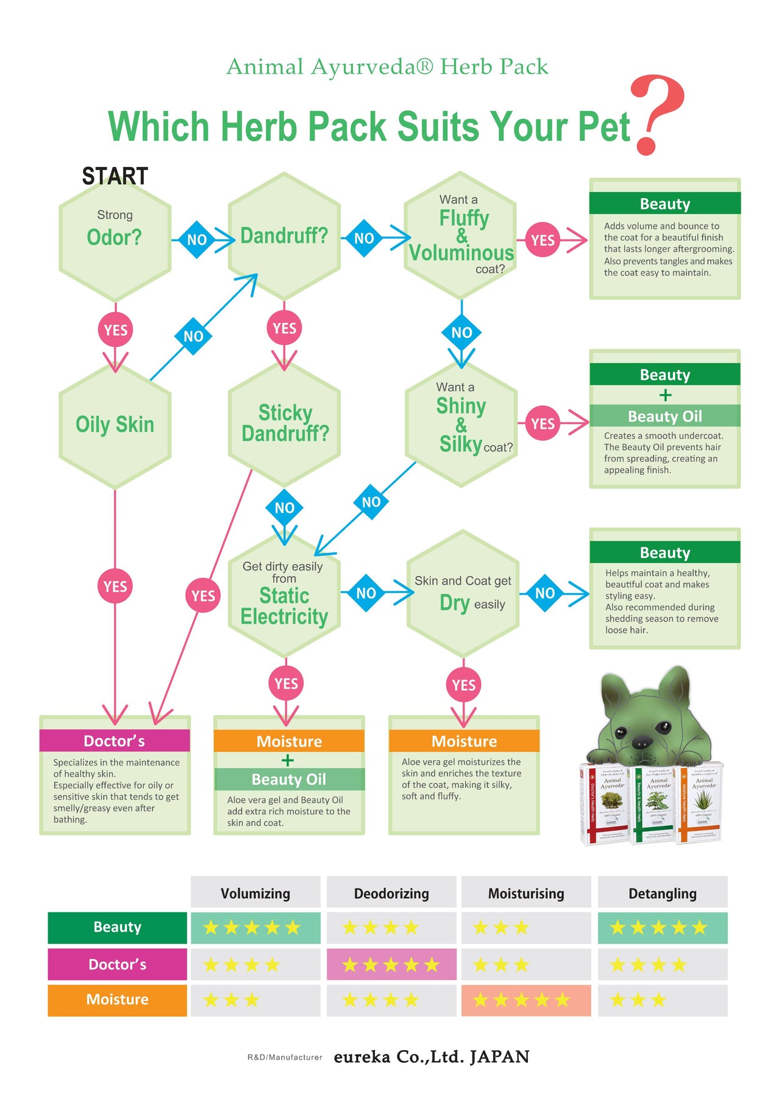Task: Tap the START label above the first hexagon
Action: click(115, 176)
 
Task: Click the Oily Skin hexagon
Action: click(115, 425)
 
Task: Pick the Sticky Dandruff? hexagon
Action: click(284, 424)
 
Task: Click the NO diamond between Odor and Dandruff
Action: click(197, 240)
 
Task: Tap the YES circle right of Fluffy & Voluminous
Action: click(543, 240)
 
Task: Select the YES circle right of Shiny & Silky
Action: click(543, 424)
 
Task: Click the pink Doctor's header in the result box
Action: click(115, 740)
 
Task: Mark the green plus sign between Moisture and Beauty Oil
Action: click(288, 760)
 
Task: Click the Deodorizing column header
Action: click(391, 893)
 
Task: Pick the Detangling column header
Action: click(662, 893)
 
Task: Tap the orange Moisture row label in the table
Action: click(117, 999)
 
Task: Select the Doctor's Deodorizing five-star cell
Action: click(391, 964)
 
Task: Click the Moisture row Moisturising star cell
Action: click(525, 1000)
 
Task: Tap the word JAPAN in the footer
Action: click(499, 1057)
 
